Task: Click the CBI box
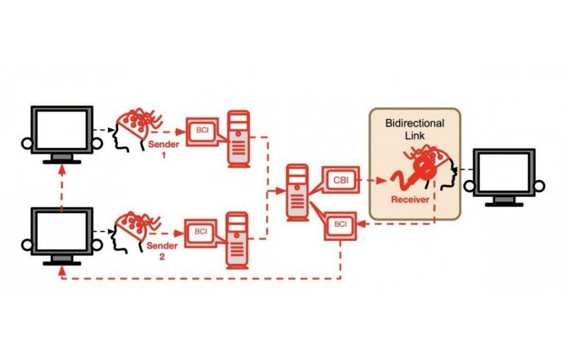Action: click(340, 180)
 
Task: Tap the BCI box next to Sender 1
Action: click(202, 131)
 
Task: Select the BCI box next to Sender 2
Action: click(201, 233)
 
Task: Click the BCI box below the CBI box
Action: click(340, 226)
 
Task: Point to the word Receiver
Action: click(410, 199)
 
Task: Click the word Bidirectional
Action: click(415, 123)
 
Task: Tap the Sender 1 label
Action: click(164, 149)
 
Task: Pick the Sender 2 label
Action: click(162, 251)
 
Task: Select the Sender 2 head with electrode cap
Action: click(135, 232)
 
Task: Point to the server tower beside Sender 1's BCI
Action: click(239, 139)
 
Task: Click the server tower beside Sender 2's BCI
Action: click(237, 240)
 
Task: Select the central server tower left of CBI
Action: click(297, 193)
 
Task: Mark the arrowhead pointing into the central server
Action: click(281, 190)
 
